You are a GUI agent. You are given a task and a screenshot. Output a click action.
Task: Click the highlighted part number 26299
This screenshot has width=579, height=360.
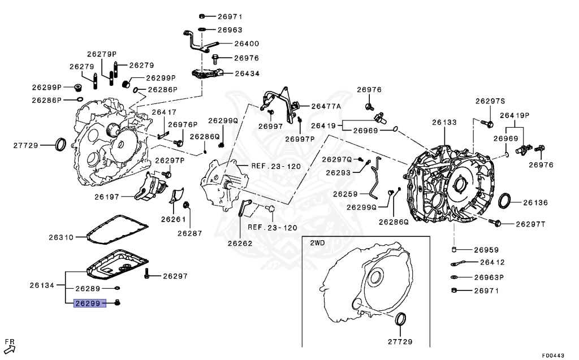(x=88, y=304)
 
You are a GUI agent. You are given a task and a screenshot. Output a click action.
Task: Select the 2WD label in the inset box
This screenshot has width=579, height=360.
(x=317, y=242)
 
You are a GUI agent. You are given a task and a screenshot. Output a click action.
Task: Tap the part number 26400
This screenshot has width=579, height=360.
(x=247, y=44)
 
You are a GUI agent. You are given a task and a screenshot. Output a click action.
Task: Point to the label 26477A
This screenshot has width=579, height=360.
(x=326, y=106)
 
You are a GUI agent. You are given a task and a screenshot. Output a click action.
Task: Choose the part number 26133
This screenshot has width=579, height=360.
(x=444, y=122)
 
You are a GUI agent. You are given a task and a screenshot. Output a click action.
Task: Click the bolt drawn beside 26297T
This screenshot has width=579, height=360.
(x=496, y=224)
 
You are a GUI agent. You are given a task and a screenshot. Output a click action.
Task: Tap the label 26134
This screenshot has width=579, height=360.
(x=42, y=285)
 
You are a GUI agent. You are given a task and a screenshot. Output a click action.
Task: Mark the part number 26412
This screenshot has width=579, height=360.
(x=492, y=263)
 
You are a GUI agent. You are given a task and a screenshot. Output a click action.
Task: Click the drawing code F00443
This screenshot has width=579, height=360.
(x=553, y=355)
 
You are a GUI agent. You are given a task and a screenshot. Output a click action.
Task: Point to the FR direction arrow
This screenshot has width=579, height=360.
(x=9, y=347)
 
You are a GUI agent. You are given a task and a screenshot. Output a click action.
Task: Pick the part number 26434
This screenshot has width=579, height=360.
(x=247, y=73)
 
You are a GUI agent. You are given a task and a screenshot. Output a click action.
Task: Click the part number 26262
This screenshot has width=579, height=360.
(x=240, y=244)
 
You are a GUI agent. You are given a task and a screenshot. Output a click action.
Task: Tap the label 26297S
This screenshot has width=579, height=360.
(x=490, y=101)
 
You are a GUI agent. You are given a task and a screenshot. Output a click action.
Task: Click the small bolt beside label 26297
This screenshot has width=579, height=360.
(x=146, y=275)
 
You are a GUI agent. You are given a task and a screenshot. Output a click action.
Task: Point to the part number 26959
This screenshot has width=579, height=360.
(x=486, y=249)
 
